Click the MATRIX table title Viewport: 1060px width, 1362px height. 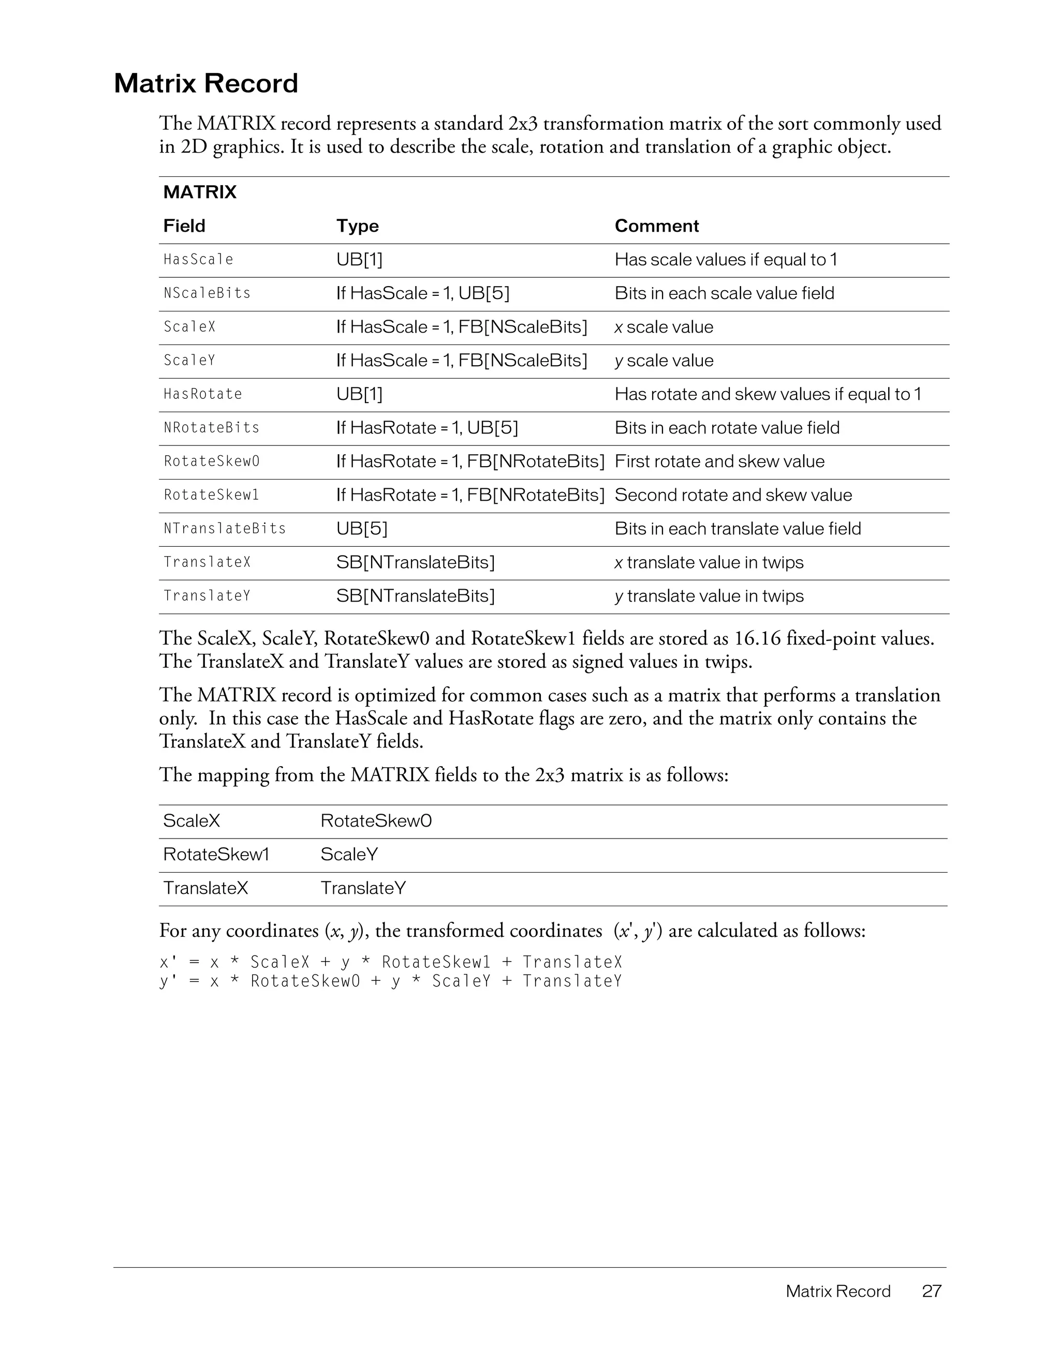pos(200,192)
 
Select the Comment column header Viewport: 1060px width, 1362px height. pos(656,226)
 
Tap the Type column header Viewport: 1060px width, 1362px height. pos(358,226)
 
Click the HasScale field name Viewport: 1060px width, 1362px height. pos(198,260)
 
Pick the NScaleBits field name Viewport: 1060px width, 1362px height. pos(207,293)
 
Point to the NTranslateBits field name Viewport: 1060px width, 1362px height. pos(225,529)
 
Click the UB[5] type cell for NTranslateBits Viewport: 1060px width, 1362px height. pos(362,529)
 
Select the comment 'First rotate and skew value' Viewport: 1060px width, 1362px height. pos(719,461)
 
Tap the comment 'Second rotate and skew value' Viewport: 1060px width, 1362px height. pos(733,495)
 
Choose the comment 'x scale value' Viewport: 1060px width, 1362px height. pos(664,327)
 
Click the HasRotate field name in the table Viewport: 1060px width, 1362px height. pos(203,394)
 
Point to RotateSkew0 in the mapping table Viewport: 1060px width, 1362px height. pos(376,821)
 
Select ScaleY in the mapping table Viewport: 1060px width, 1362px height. pos(349,855)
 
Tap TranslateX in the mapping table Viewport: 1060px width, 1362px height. pos(205,888)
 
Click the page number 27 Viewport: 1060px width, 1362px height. pos(932,1291)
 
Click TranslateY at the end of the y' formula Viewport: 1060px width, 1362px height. pos(572,981)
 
